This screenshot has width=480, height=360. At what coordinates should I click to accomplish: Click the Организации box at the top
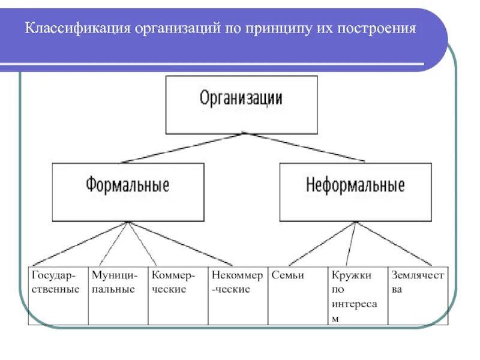click(241, 104)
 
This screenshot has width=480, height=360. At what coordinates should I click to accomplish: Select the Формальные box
click(128, 191)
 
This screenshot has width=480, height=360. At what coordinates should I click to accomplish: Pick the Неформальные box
click(355, 191)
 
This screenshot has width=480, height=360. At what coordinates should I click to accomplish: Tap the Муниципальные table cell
click(118, 295)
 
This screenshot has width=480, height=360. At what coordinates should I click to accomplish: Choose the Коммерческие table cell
click(178, 295)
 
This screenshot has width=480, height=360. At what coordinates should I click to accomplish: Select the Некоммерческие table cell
click(238, 295)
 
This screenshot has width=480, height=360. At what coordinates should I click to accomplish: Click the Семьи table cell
click(298, 295)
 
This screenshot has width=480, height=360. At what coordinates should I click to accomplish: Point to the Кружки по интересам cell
click(358, 295)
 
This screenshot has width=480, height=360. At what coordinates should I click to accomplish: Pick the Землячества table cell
click(418, 295)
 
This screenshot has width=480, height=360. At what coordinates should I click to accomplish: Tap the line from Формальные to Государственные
click(80, 244)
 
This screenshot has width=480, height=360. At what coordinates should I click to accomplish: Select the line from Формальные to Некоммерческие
click(180, 244)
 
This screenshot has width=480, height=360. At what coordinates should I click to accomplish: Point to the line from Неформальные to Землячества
click(394, 244)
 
